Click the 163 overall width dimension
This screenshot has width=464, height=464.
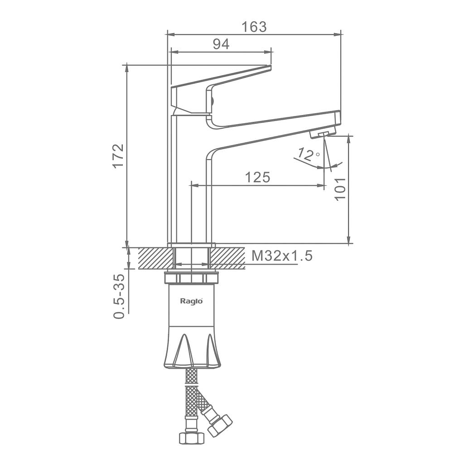(254, 27)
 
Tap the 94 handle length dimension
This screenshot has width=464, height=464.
(221, 44)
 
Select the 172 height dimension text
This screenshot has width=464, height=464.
(118, 156)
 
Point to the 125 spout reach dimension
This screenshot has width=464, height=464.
(258, 177)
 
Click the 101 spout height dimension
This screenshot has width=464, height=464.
(340, 189)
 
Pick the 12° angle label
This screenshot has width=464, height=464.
(308, 154)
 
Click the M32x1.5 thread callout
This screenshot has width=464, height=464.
(282, 256)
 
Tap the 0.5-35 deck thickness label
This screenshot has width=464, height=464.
(119, 296)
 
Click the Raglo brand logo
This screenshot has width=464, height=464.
(192, 301)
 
